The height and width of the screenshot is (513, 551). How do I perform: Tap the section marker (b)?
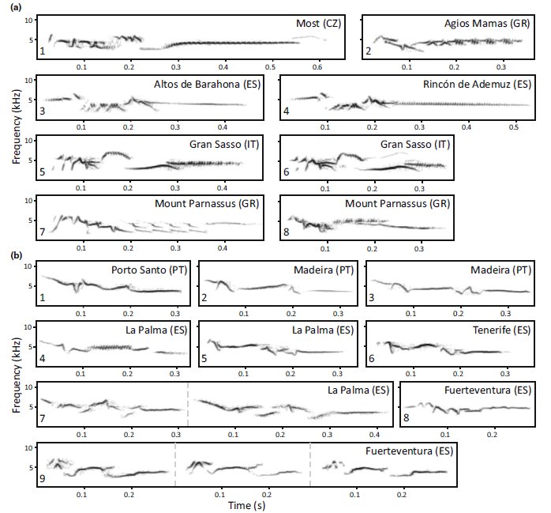click(16, 255)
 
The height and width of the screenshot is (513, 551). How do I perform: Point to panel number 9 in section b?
click(42, 478)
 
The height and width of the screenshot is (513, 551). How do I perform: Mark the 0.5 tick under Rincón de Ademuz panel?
click(515, 126)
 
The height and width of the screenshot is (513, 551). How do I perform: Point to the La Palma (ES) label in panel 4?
click(157, 330)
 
